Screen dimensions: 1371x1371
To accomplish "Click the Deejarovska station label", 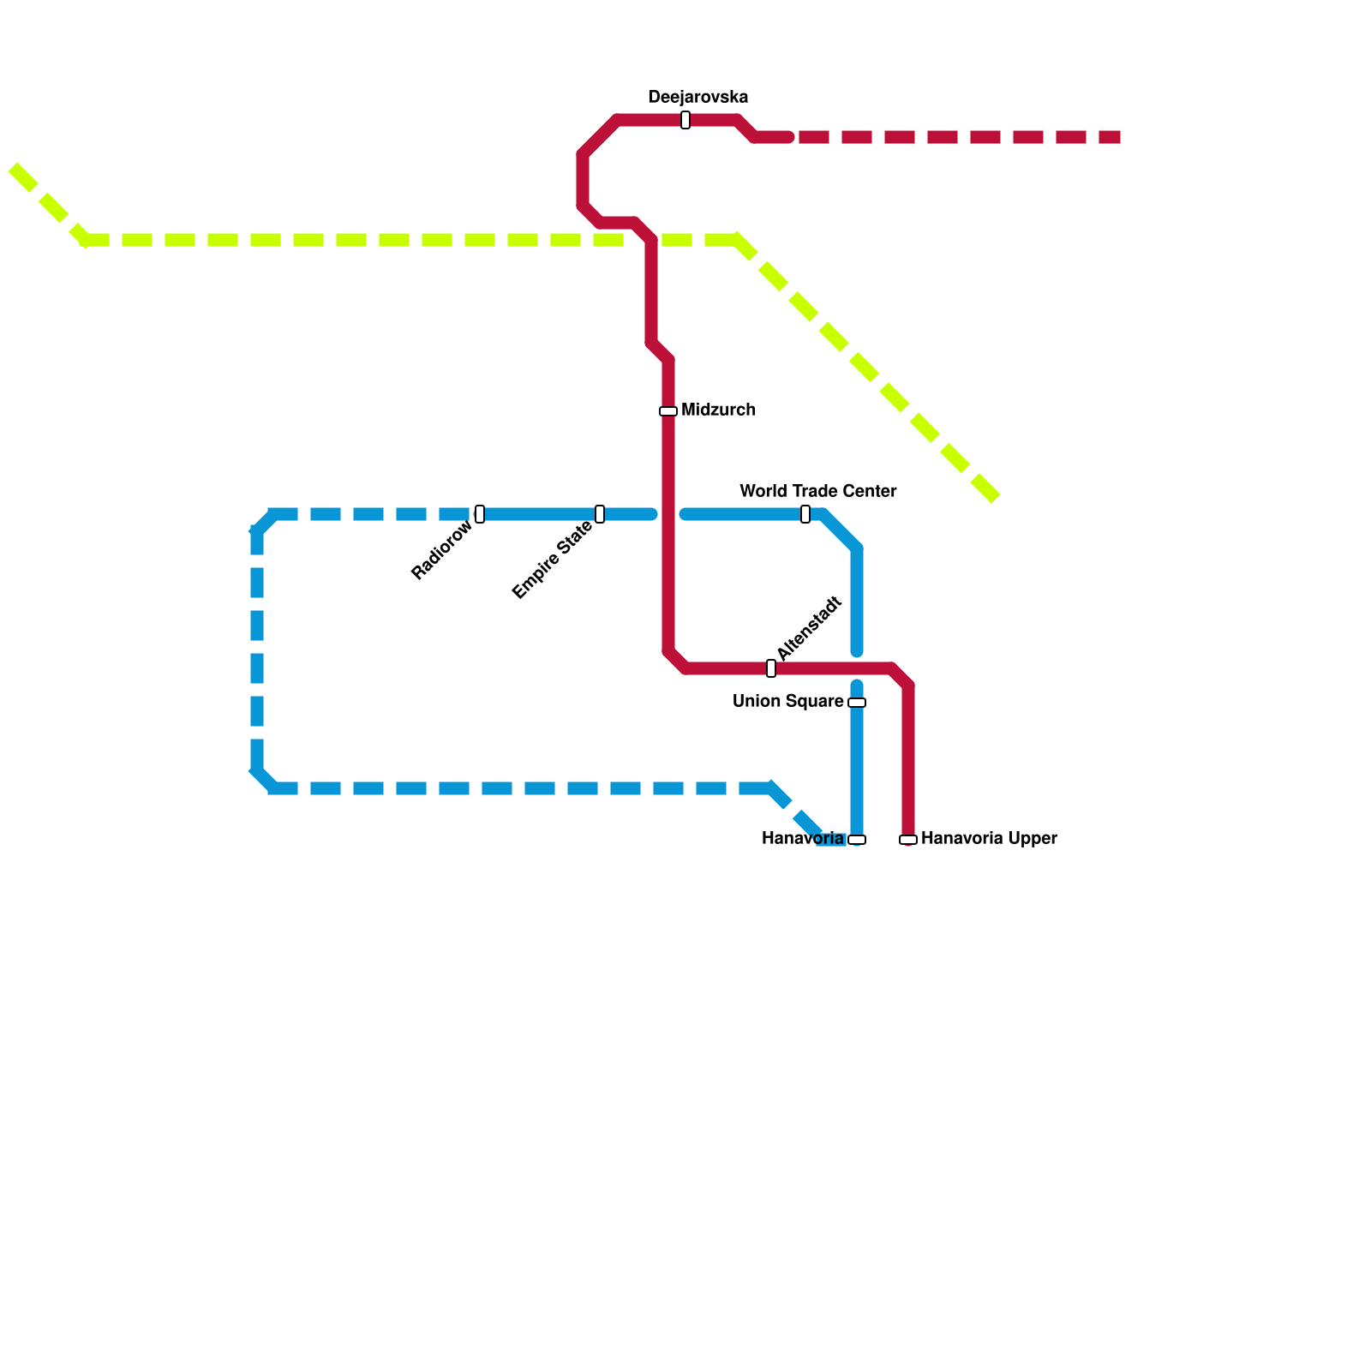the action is (x=697, y=97).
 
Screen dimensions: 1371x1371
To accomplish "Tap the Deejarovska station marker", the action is (x=685, y=120).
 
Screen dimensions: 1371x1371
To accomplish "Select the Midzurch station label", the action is (x=718, y=410).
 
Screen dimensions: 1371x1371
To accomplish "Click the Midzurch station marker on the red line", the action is (x=668, y=411).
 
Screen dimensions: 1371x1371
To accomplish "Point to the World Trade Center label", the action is (x=817, y=492).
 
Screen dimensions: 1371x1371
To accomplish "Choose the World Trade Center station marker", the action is (x=805, y=514).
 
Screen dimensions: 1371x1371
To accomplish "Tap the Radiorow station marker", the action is (x=480, y=514).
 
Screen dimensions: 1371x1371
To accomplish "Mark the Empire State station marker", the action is (x=600, y=514).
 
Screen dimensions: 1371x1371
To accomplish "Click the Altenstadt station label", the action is (x=809, y=628).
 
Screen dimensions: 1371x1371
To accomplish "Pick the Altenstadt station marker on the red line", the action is (x=771, y=668).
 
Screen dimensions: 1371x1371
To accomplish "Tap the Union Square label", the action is (x=787, y=702).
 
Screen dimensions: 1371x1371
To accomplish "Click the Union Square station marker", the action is (x=857, y=703).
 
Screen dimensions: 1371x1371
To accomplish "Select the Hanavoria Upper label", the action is (x=989, y=839).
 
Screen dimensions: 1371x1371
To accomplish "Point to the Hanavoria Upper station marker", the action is (x=908, y=840).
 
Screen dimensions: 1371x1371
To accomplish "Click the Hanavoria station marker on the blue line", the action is (x=857, y=840).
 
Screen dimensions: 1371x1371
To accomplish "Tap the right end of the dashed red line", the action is (x=1119, y=137).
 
